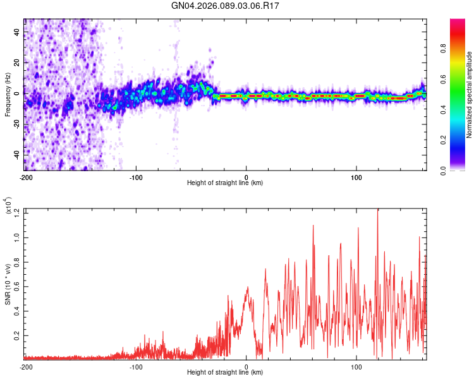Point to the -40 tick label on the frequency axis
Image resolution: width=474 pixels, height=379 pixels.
click(x=16, y=154)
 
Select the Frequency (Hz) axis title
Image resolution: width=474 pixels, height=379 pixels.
click(x=8, y=95)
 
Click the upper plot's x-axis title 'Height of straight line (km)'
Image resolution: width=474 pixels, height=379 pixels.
click(x=225, y=183)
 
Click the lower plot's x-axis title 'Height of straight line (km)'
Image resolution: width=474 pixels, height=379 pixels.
click(x=225, y=373)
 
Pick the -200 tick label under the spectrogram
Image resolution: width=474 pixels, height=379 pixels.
click(x=26, y=177)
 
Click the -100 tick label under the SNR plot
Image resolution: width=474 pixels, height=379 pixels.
click(x=136, y=366)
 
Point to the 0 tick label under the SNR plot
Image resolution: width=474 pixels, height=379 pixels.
click(x=246, y=366)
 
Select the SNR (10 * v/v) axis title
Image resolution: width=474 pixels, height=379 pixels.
click(x=8, y=284)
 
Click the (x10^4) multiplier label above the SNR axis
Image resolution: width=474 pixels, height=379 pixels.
click(x=8, y=206)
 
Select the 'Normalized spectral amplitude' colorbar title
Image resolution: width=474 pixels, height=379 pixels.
click(x=470, y=95)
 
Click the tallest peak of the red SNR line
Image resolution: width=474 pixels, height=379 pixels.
click(x=378, y=210)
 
